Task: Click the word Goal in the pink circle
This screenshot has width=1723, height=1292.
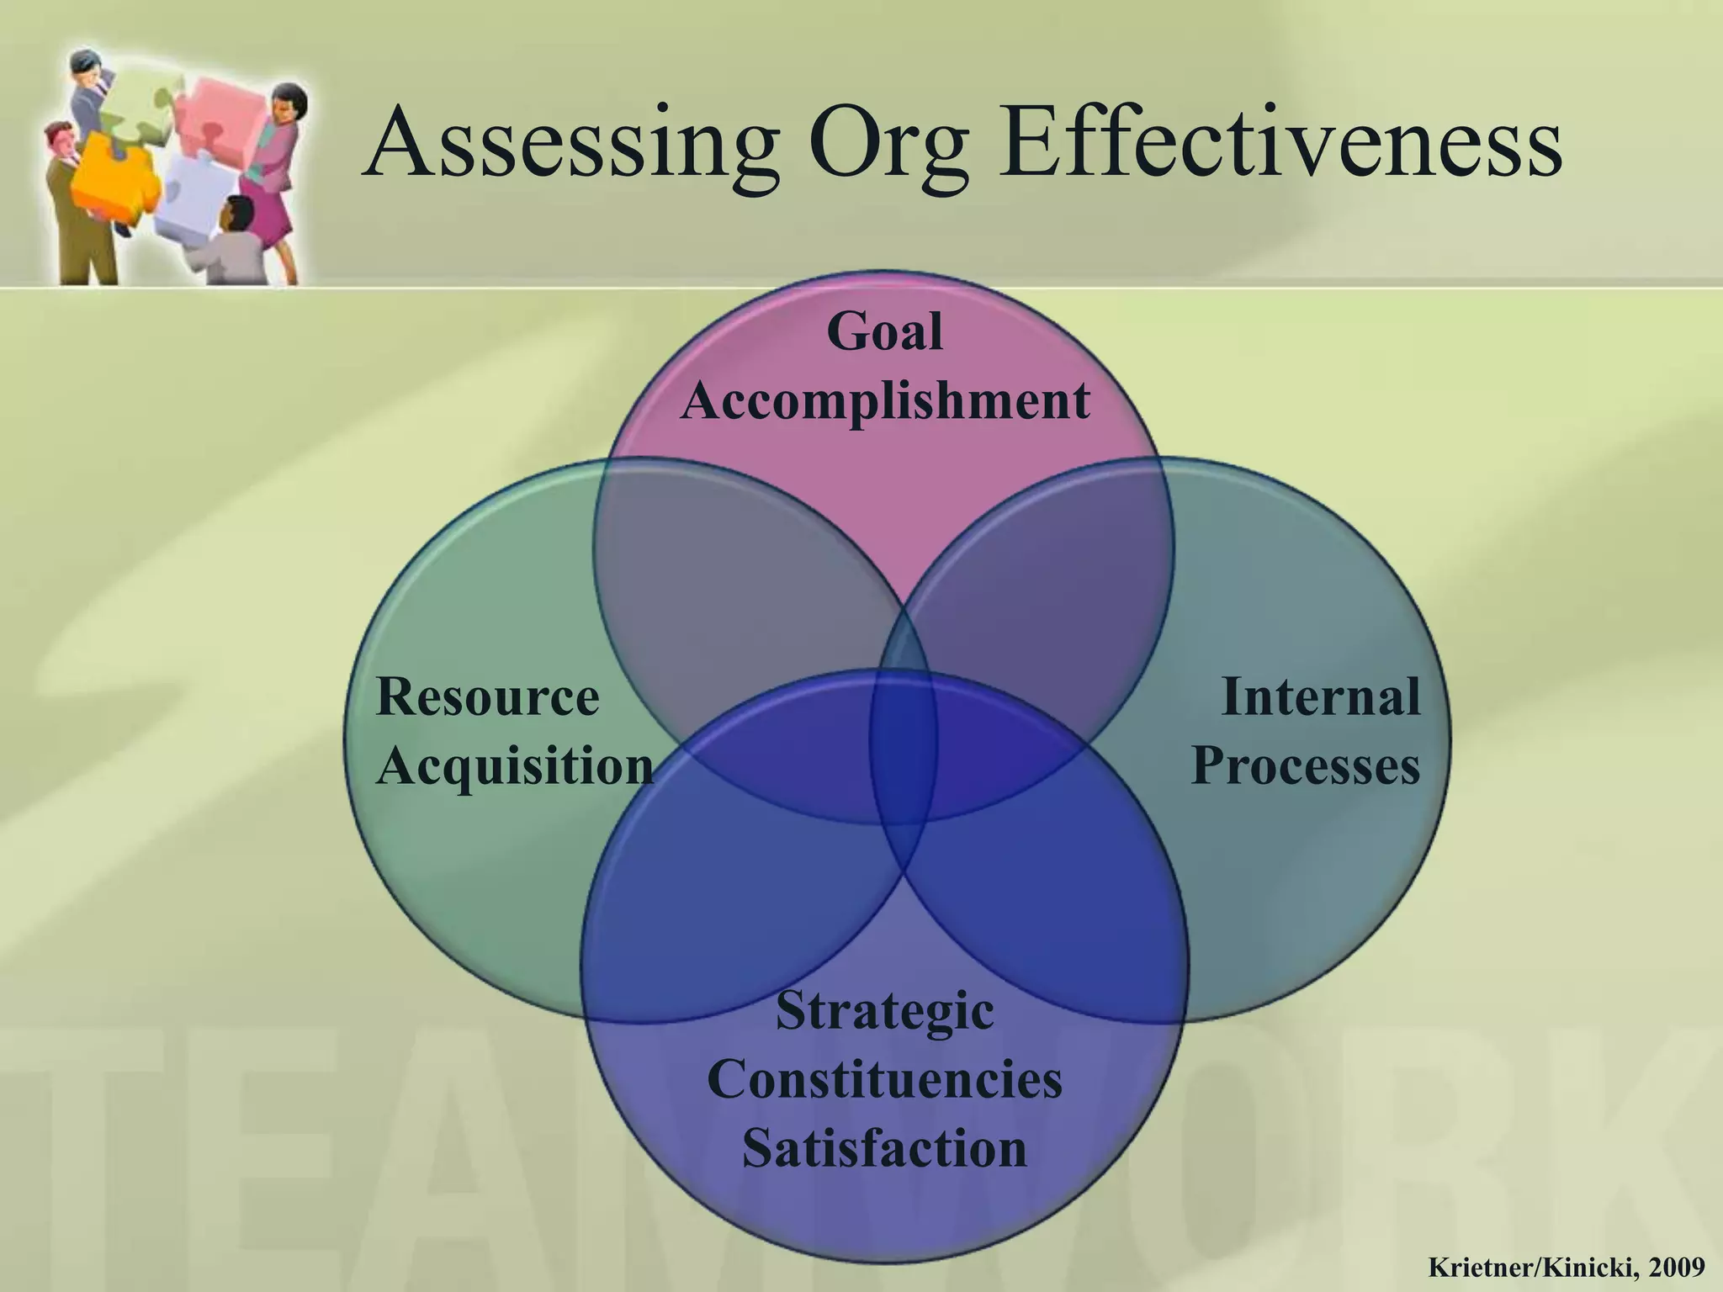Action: point(884,332)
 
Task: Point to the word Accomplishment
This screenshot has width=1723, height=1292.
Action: point(885,400)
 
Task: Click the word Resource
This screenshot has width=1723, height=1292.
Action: point(488,697)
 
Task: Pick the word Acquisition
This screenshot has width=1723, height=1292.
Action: point(515,766)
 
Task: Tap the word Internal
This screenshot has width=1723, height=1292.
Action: point(1320,697)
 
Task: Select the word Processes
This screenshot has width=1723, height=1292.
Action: point(1306,766)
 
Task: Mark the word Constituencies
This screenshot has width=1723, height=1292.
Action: point(884,1079)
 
